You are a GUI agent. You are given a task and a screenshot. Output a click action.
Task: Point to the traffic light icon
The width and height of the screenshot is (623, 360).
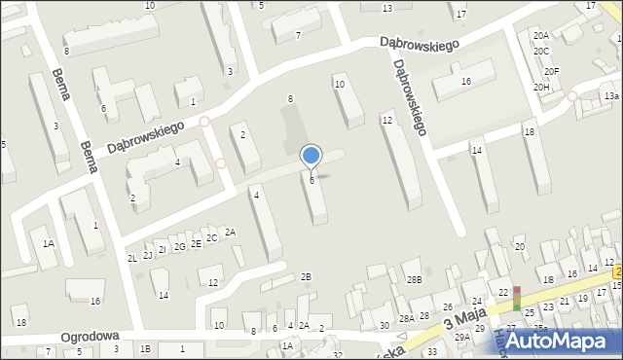(517, 298)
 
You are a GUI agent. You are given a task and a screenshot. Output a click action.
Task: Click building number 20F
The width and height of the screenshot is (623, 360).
(552, 72)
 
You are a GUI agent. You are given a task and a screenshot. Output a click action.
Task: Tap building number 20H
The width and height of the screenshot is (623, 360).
(542, 88)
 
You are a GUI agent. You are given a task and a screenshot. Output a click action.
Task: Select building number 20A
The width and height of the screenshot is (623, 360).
(541, 36)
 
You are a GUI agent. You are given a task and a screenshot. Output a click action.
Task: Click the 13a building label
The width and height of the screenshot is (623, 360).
(610, 96)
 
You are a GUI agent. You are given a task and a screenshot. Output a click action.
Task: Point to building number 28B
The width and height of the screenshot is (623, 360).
(415, 280)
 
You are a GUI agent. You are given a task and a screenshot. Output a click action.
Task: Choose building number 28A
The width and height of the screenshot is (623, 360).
(407, 318)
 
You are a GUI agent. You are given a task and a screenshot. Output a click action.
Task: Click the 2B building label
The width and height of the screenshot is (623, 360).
(306, 277)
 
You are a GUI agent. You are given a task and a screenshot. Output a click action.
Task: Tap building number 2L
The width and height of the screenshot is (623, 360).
(131, 258)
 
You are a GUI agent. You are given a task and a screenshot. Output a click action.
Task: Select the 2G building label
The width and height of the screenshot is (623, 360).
(179, 246)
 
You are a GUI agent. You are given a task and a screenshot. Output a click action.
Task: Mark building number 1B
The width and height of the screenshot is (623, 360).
(146, 348)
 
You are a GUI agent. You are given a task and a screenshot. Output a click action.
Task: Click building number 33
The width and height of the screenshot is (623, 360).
(431, 350)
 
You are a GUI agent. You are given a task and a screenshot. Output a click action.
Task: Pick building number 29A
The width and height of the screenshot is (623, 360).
(461, 337)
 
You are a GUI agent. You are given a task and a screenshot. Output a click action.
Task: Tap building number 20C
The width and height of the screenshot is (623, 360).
(541, 51)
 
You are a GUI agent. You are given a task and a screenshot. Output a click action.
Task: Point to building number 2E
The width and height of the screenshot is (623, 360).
(196, 243)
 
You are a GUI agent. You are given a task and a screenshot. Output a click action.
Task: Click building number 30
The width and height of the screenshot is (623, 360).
(385, 325)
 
